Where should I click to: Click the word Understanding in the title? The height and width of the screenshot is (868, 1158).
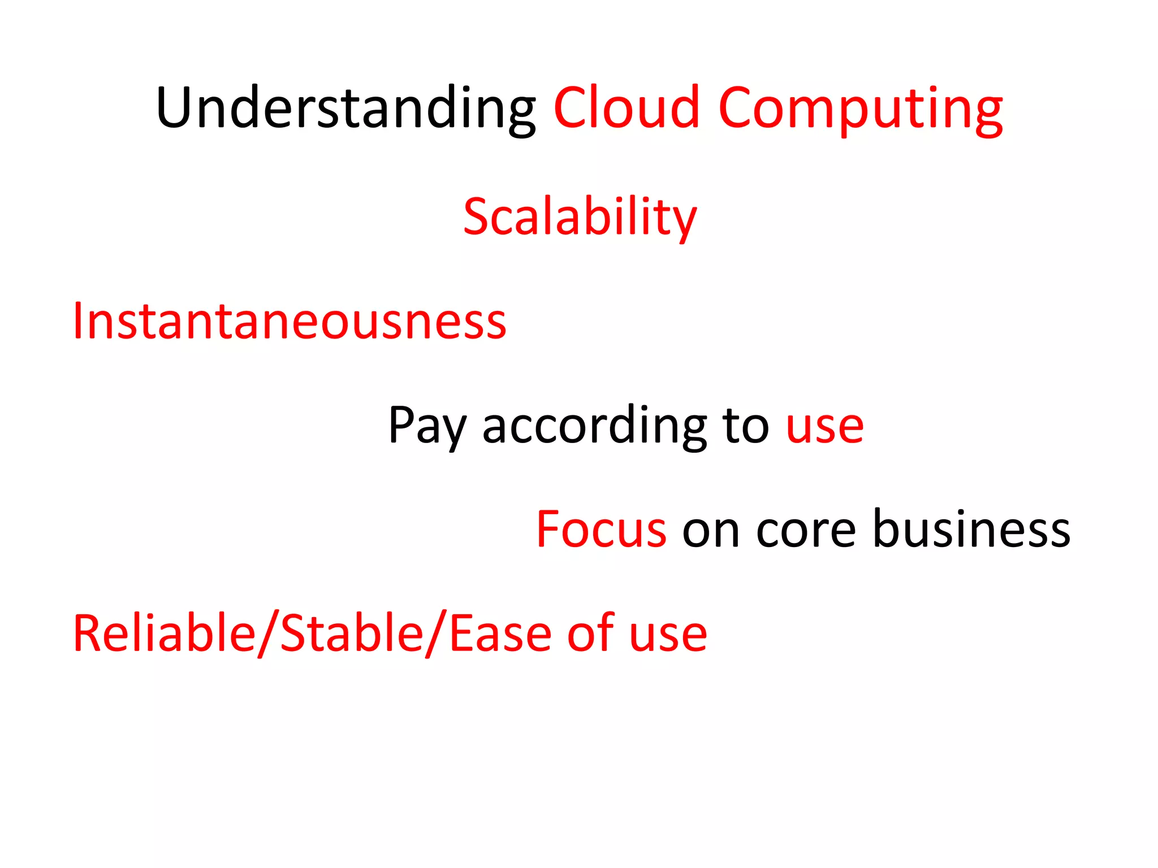(x=345, y=108)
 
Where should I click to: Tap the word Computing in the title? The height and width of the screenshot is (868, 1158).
(x=861, y=108)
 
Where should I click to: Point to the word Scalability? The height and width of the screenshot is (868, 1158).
(x=580, y=217)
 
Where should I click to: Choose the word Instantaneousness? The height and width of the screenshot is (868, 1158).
(x=289, y=321)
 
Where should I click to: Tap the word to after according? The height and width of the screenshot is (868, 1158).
(x=746, y=425)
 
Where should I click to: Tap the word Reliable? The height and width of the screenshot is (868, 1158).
(x=165, y=633)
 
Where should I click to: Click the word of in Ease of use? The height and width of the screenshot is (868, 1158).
(x=591, y=633)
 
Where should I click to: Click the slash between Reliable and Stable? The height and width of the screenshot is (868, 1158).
(x=268, y=634)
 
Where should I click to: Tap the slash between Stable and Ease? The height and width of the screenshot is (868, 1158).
(x=436, y=634)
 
